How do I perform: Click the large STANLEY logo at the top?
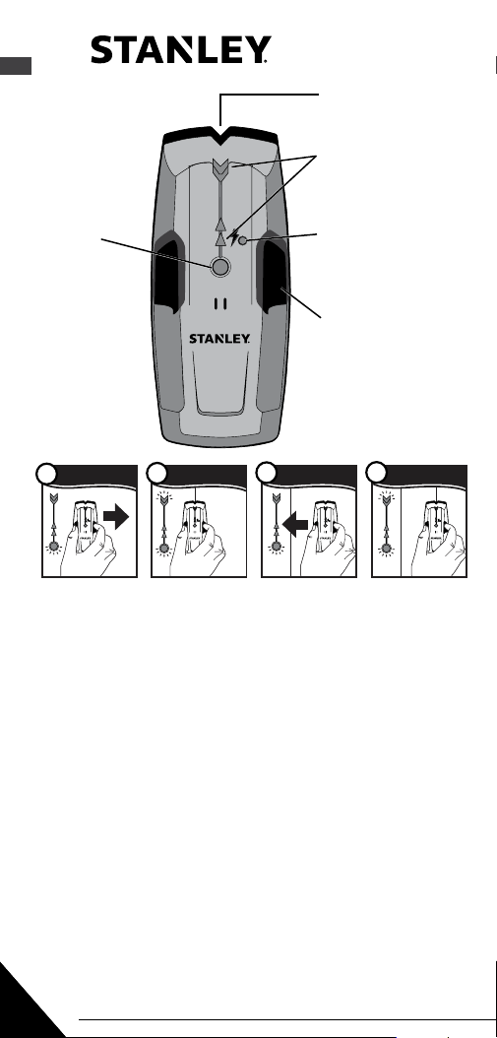(x=181, y=50)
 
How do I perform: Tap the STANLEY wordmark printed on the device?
(x=219, y=338)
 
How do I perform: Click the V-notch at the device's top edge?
(x=219, y=134)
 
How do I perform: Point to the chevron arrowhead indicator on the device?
(x=220, y=169)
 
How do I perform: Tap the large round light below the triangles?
(x=220, y=266)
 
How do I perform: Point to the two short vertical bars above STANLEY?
(x=220, y=304)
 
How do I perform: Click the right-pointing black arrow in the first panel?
(x=116, y=517)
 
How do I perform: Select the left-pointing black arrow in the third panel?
(x=294, y=526)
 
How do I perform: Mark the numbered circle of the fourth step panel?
(x=377, y=474)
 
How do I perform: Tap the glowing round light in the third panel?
(x=274, y=548)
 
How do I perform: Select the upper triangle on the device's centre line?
(x=220, y=223)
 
